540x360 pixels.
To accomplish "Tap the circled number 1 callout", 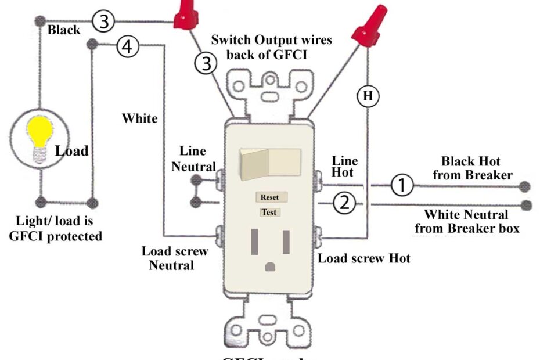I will (x=401, y=186).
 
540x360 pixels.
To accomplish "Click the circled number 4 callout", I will (x=128, y=47).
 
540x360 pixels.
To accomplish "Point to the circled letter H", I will (x=368, y=96).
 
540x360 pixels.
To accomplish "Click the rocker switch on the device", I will (x=271, y=163).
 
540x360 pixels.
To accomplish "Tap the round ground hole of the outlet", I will (x=269, y=267).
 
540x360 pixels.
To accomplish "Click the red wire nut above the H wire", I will (x=369, y=26).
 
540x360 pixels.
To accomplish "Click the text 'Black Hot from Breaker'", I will (x=477, y=167).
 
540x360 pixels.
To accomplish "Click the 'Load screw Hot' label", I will (x=364, y=258).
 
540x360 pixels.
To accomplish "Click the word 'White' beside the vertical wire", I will (x=139, y=118).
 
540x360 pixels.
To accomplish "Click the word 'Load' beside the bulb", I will (x=71, y=152).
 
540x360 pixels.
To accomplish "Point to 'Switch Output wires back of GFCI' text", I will (x=271, y=47).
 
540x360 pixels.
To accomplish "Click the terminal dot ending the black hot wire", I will (x=525, y=186).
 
